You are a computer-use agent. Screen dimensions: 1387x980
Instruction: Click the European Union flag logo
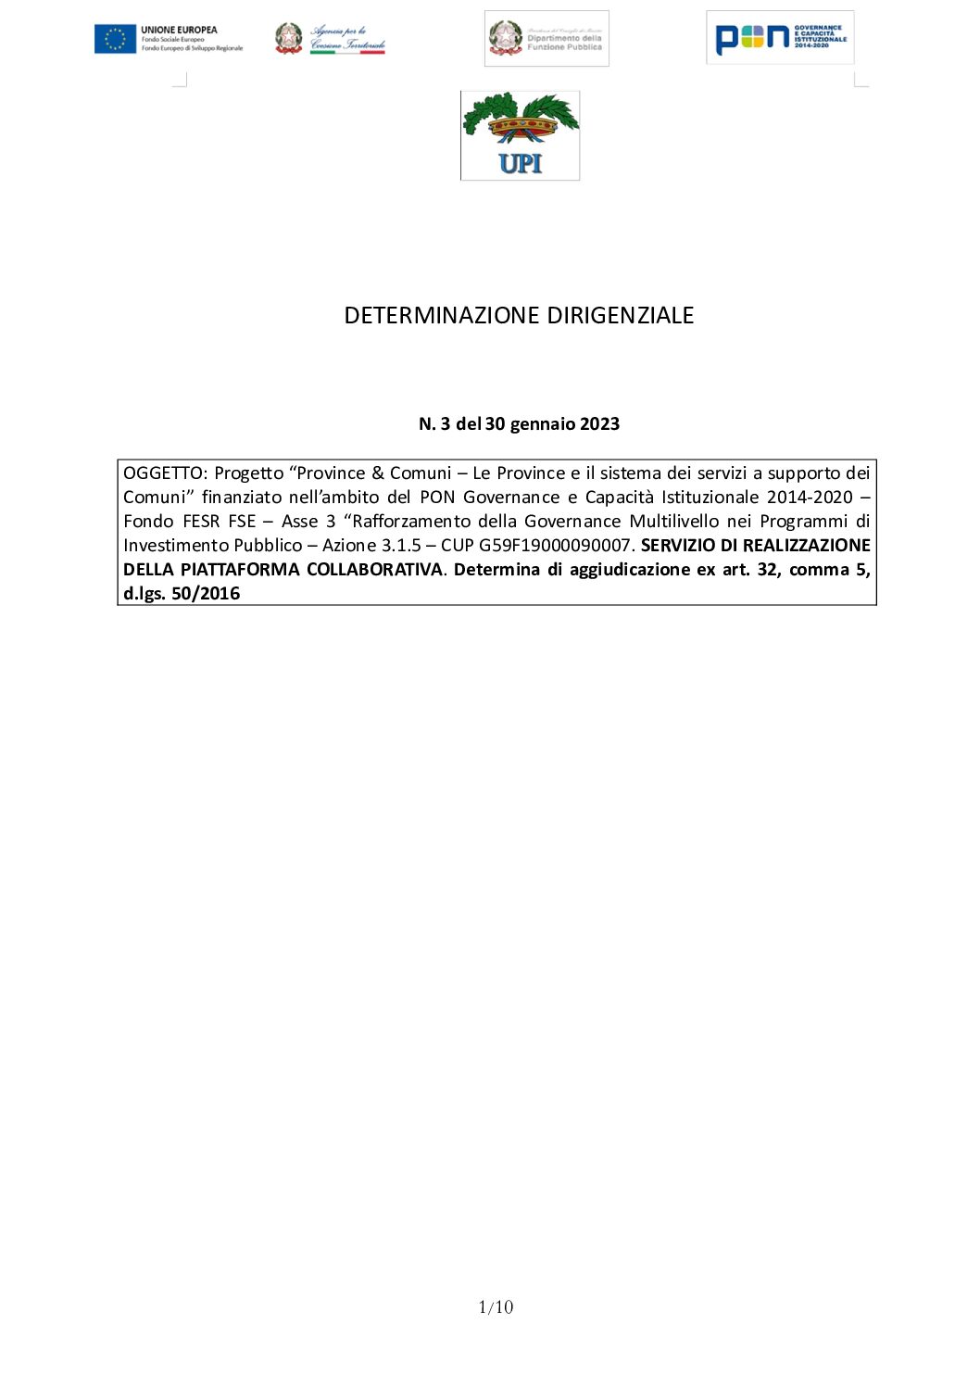[115, 39]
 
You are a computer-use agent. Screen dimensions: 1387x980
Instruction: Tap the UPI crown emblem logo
[520, 135]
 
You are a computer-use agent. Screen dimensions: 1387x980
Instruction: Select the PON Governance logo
[780, 38]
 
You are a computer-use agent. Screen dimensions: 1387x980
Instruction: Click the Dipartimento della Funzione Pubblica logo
[547, 39]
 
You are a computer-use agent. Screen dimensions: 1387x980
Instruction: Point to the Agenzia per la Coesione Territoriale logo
[330, 39]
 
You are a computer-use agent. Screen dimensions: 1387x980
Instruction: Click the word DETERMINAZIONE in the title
[442, 316]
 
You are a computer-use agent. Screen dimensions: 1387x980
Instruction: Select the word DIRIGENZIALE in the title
[620, 316]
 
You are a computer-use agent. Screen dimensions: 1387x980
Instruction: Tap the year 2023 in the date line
[599, 424]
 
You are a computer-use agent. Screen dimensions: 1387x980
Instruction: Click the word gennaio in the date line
[542, 424]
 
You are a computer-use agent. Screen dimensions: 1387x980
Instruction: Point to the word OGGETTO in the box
[163, 473]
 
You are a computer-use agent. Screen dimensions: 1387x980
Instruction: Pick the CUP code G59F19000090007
[555, 546]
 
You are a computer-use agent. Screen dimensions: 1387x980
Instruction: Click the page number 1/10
[496, 1307]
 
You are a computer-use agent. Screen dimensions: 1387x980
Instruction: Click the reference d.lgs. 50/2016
[182, 594]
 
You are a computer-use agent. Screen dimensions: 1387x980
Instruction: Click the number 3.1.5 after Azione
[401, 546]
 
